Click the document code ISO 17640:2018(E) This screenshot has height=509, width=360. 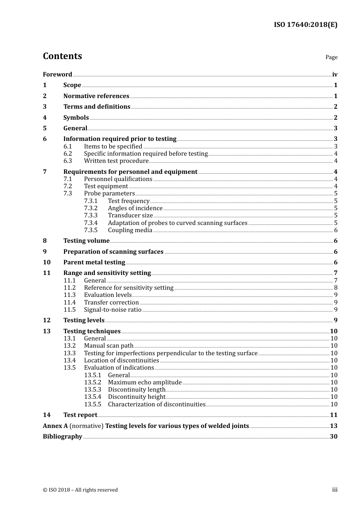point(305,25)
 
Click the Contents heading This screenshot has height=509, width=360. point(62,56)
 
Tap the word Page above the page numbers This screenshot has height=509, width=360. point(331,57)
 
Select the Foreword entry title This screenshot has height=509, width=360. point(57,75)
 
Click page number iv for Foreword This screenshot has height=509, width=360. point(335,75)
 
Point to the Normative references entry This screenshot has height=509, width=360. point(96,96)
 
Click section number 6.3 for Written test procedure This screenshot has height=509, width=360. point(67,161)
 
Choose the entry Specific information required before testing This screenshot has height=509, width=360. point(146,154)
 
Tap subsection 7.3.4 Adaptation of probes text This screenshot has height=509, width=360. point(177,223)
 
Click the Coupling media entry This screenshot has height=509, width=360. point(130,230)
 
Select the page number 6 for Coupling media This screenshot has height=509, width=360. point(336,230)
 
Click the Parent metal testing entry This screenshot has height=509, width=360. point(94,262)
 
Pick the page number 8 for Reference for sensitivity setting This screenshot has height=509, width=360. point(336,288)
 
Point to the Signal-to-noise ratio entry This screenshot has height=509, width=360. point(113,310)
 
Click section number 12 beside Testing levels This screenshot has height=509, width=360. point(47,320)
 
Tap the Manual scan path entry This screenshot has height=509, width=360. point(109,346)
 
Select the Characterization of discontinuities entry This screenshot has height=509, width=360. point(157,404)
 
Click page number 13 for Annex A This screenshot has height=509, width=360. point(333,426)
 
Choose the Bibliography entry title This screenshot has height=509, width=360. point(63,437)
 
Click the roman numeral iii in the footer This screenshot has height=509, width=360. point(335,490)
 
